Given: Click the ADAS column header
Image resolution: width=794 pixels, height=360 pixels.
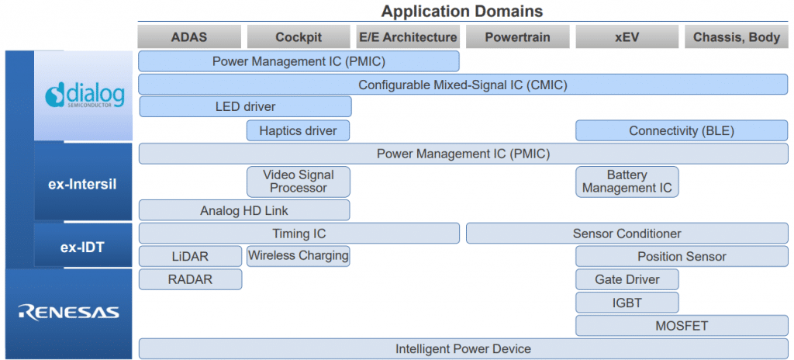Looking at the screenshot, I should pos(189,37).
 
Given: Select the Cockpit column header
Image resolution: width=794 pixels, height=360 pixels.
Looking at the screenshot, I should pos(299,37).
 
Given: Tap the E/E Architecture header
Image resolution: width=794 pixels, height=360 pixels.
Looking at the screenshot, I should pos(408,37).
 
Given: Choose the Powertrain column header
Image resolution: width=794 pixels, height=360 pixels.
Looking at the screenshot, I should pos(517,37).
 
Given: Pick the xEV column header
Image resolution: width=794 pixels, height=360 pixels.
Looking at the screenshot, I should pos(626,37).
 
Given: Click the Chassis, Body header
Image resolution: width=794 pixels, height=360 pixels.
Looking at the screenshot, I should pos(736,37).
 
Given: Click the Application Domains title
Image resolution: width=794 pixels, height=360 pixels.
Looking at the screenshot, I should pos(462,11).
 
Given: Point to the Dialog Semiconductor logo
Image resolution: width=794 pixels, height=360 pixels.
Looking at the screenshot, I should pos(85,95).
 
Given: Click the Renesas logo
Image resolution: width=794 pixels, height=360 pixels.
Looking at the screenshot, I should pos(69,313).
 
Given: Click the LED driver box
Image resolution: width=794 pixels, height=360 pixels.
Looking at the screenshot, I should pos(245,106).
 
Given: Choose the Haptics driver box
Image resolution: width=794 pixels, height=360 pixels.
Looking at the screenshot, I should pos(299,130).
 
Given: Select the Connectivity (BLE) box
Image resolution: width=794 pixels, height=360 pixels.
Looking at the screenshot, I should pos(681,130).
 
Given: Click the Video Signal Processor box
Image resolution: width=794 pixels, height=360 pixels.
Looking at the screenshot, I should pos(299,182).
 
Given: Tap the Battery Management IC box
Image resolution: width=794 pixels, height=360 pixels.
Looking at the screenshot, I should pos(627,182).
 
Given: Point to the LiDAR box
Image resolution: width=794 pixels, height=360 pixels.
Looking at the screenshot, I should pos(190,256).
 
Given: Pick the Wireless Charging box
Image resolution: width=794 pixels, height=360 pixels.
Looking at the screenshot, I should pos(299,255).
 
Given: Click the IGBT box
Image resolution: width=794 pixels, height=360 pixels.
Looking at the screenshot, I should pos(627,303).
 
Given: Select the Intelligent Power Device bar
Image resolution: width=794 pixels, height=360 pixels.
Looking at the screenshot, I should pos(463,348).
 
